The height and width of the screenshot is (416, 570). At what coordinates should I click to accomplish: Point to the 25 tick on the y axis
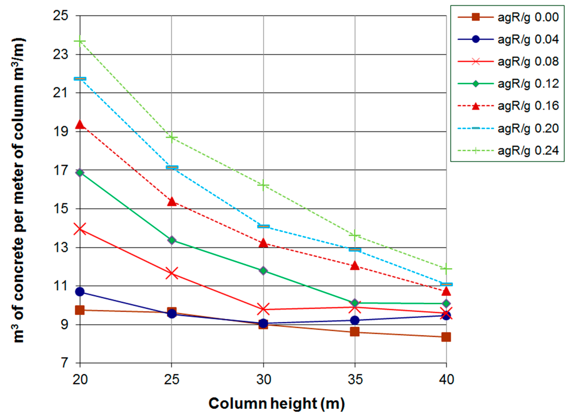tap(60, 16)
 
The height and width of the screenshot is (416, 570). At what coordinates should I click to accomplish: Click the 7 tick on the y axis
tap(64, 363)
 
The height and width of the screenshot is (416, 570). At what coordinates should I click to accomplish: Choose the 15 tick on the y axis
tap(60, 209)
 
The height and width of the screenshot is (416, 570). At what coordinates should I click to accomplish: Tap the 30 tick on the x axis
tap(263, 379)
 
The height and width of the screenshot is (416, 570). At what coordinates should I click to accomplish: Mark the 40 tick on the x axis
tap(446, 379)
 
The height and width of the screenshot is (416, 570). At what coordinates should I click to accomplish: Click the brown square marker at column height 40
tap(446, 337)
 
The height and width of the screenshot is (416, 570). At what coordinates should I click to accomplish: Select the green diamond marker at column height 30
tap(263, 271)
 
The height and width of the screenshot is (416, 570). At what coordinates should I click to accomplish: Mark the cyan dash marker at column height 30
tap(263, 226)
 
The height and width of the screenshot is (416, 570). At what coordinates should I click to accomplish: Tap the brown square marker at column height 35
tap(355, 332)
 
